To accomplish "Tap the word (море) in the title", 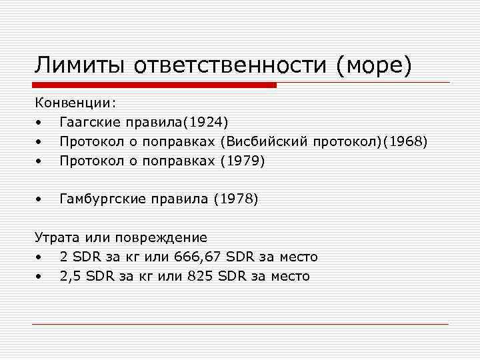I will point(375,65).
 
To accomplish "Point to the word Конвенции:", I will point(75,103).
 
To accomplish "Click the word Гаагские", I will point(87,123).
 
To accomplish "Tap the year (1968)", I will point(404,142).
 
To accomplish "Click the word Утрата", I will point(55,237).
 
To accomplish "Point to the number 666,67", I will point(198,257).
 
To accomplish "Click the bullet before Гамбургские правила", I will point(40,199).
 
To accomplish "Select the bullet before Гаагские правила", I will point(40,123).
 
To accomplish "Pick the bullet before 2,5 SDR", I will point(40,277).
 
